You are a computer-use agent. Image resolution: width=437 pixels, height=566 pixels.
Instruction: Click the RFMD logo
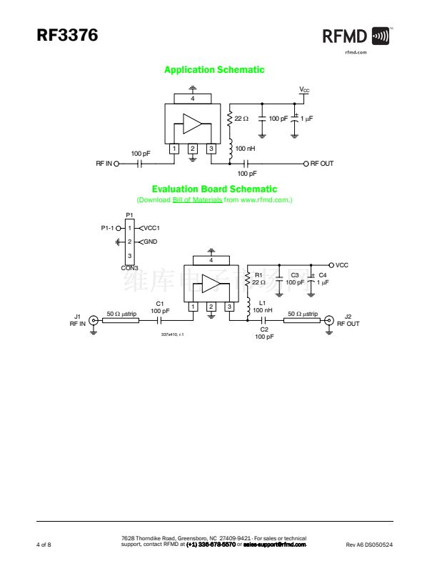[356, 36]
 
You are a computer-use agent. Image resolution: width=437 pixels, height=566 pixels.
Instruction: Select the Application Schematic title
[214, 70]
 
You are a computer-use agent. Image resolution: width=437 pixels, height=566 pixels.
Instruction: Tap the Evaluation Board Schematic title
[214, 189]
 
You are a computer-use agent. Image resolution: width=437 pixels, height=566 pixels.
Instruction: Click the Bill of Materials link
[198, 200]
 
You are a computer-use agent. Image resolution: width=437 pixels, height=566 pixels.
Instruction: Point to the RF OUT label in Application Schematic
[322, 164]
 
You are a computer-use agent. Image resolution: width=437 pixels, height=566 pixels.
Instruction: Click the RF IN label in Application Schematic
[104, 164]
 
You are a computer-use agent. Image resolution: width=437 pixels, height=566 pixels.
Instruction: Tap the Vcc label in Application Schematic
[304, 90]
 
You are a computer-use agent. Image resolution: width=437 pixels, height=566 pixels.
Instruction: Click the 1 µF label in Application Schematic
[306, 118]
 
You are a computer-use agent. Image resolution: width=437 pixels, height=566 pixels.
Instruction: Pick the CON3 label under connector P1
[129, 267]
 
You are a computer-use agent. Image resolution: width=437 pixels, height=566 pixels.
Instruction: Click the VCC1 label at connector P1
[151, 228]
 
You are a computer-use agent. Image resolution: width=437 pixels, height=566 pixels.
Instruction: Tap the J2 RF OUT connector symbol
[328, 320]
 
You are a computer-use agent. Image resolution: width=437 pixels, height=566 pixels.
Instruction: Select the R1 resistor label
[258, 275]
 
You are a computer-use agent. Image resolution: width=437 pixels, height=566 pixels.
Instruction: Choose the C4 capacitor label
[323, 275]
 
